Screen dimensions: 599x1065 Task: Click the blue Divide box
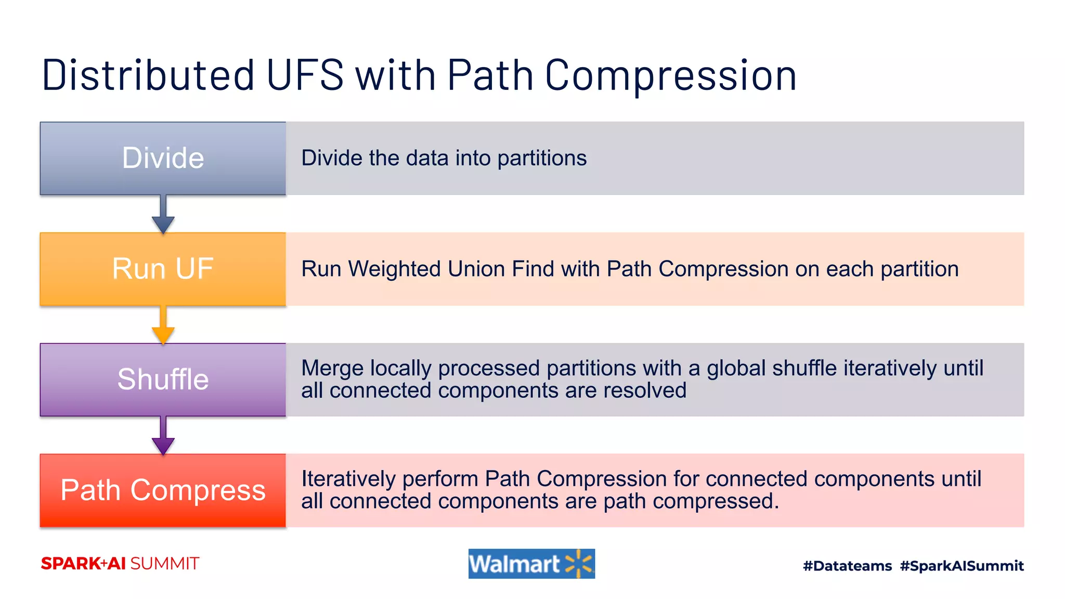pos(163,158)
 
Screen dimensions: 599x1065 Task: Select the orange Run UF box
pos(163,269)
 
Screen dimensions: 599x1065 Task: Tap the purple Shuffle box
pos(163,380)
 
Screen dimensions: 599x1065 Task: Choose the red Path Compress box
pos(163,490)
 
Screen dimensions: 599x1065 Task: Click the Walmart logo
pos(531,564)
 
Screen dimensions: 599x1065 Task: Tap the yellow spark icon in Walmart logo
pos(579,564)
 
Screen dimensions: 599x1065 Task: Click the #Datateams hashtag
pos(847,566)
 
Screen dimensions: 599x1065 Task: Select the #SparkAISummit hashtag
pos(962,566)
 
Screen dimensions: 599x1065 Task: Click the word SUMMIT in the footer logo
pos(164,564)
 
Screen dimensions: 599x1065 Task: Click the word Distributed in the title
pos(148,75)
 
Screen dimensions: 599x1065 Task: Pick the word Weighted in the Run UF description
pos(395,269)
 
